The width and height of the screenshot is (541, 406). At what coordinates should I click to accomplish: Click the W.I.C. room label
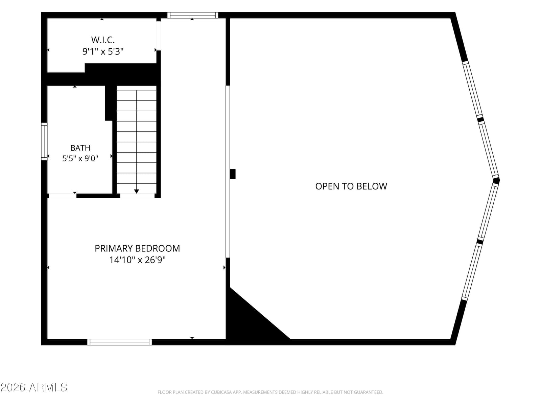point(103,40)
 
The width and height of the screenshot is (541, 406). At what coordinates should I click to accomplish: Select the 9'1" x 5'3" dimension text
point(103,51)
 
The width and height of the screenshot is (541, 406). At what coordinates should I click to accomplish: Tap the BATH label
point(80,148)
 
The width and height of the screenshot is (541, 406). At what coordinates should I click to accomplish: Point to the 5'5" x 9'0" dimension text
point(80,158)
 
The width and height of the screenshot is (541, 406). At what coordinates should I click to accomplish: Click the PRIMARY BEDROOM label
point(137,248)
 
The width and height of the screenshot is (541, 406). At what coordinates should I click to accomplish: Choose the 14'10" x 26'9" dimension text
point(137,260)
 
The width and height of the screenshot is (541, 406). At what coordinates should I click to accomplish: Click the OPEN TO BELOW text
point(351,186)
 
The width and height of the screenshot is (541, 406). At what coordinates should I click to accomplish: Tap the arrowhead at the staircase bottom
point(137,191)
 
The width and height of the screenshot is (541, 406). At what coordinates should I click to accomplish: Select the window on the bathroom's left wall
point(44,141)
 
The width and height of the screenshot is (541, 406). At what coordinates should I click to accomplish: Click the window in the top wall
point(193,15)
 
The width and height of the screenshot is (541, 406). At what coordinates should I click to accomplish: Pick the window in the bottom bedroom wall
point(120,342)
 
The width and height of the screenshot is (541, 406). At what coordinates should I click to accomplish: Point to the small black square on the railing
point(233,174)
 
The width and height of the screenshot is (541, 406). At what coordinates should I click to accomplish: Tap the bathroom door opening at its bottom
point(63,196)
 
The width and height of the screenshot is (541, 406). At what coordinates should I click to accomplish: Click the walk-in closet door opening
point(159,36)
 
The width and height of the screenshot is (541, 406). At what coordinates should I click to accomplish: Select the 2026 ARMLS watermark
point(34,387)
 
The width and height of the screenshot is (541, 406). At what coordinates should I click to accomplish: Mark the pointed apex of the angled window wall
point(499,180)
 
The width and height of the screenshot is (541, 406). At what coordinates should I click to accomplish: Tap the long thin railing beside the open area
point(228,172)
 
